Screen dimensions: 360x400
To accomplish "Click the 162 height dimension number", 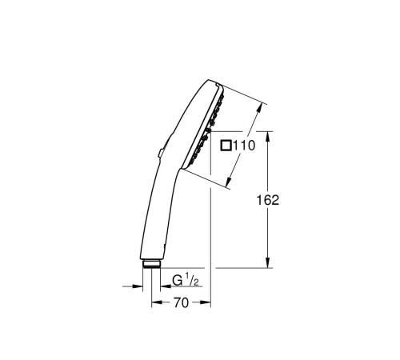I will coord(269,200).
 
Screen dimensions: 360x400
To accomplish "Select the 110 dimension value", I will coord(244,146).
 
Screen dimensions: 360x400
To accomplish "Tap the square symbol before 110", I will coord(226,146).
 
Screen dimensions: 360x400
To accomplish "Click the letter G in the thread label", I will coord(177,281).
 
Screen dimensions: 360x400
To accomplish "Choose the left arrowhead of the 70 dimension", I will coord(154,304).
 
